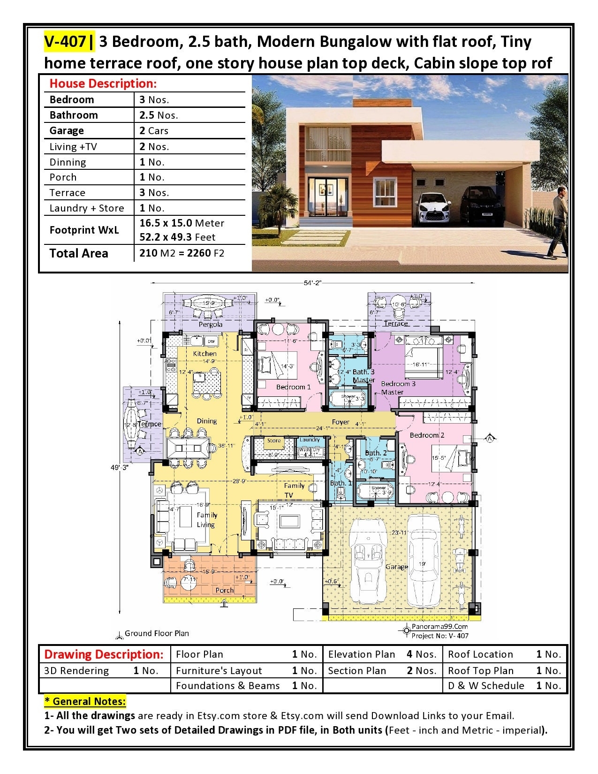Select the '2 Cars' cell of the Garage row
(154, 130)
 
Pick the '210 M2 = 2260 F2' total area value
(182, 253)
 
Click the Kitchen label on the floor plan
(205, 353)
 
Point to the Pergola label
(211, 324)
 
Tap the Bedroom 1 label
(293, 387)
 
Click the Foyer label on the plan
(341, 422)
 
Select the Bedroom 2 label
(427, 435)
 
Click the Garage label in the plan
(396, 567)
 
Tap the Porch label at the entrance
(224, 590)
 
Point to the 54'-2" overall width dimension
(313, 282)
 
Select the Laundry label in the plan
(310, 440)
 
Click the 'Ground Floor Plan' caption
(157, 633)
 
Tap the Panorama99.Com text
(439, 626)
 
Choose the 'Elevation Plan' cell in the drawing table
(362, 654)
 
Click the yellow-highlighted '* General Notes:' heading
(85, 701)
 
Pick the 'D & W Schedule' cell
(486, 685)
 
